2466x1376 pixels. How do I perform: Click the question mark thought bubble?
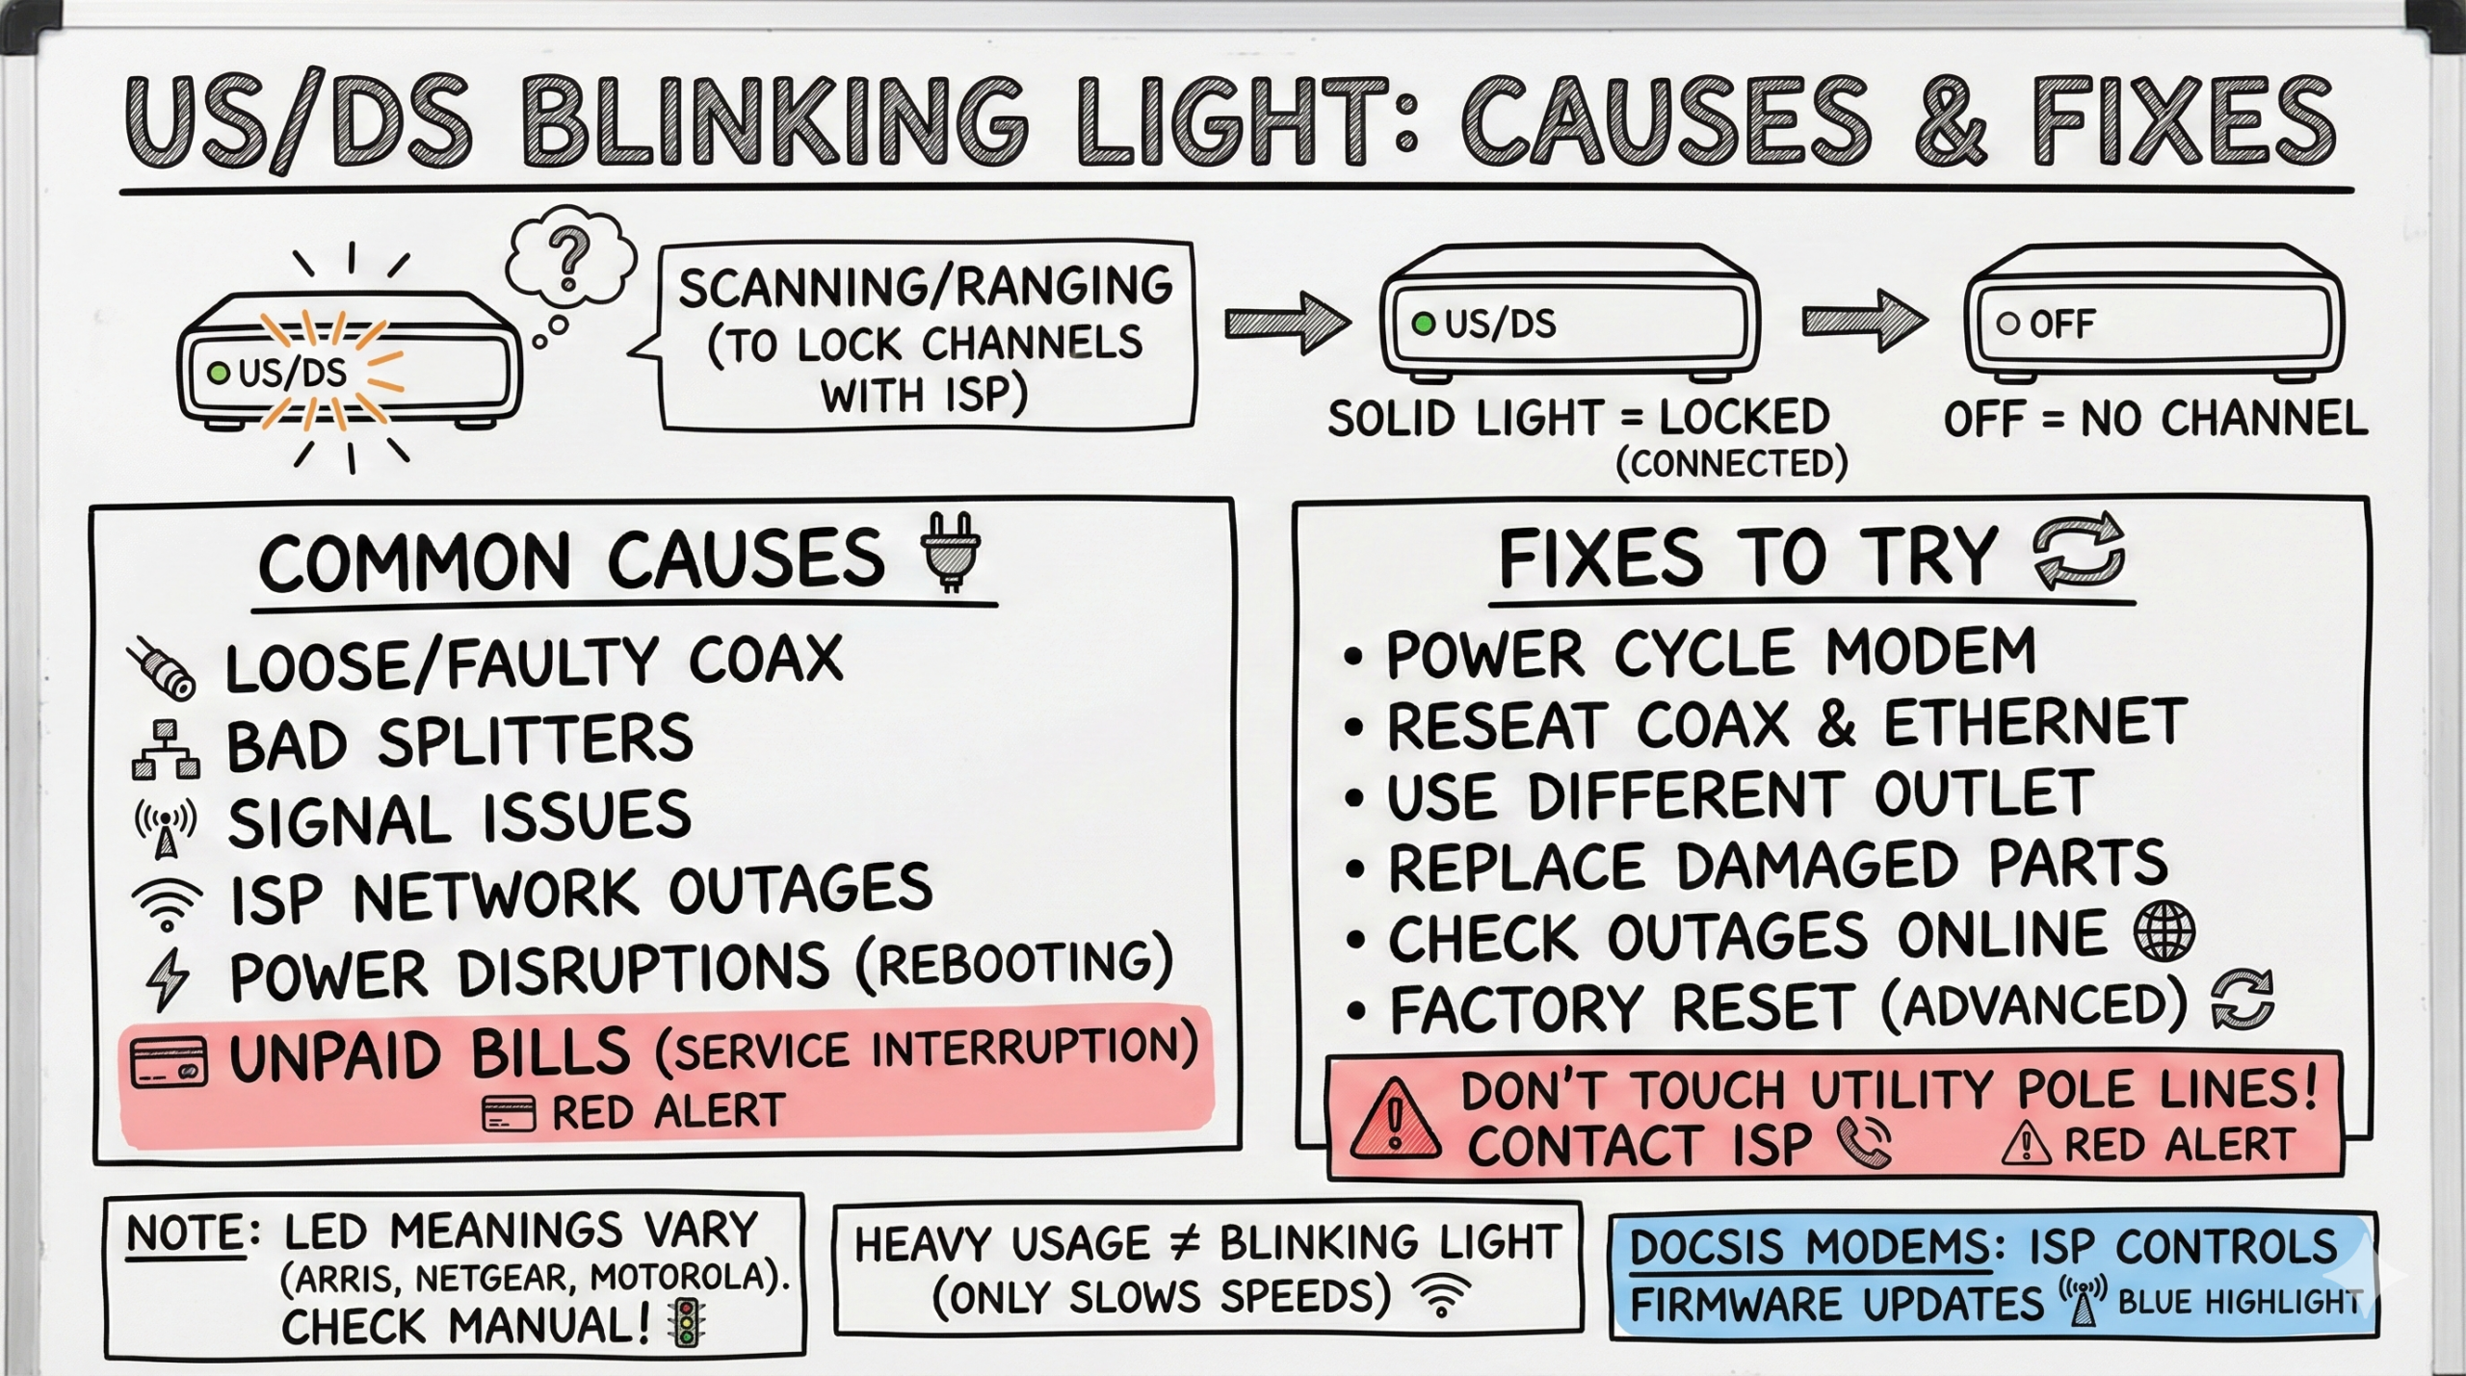point(569,256)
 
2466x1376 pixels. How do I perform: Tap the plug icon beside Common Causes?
point(951,551)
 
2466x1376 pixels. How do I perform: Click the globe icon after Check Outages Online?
point(2164,933)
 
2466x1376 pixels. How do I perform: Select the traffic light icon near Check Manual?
point(686,1322)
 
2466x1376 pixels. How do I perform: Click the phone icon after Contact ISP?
point(1863,1143)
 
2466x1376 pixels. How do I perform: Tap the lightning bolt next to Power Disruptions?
point(168,978)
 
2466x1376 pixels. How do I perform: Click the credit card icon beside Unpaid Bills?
point(169,1061)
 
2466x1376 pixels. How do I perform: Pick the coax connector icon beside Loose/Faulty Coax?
point(162,667)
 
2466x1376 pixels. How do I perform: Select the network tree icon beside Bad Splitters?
point(166,749)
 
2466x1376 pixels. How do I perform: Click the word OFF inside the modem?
point(2062,325)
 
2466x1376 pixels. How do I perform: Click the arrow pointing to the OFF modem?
point(1864,322)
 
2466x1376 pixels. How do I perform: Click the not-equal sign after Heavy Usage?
point(1184,1244)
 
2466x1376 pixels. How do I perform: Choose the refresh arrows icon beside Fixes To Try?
point(2078,549)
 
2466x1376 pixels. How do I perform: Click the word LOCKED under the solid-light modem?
point(1744,418)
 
